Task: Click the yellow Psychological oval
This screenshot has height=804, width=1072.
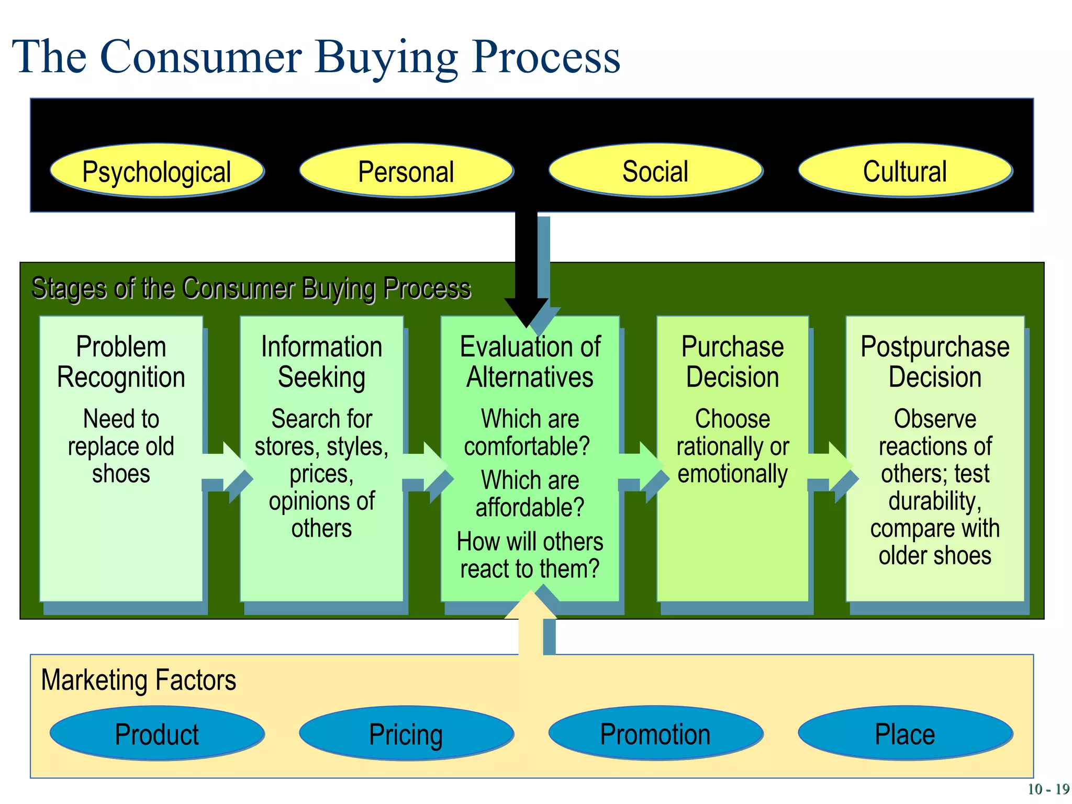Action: [157, 171]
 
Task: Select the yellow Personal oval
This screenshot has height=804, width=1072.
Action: [406, 171]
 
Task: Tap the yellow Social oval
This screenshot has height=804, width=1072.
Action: [655, 171]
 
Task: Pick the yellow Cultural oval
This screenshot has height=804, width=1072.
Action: [904, 171]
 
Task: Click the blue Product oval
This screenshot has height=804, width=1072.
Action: [157, 733]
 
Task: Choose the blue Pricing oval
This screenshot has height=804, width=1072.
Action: [406, 733]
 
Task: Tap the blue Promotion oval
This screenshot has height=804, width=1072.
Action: [655, 733]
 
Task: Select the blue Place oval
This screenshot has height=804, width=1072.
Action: [904, 733]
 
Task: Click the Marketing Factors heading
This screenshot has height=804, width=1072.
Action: [139, 680]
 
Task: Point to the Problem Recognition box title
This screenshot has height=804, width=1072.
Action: [121, 362]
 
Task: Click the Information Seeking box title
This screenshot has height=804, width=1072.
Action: [321, 362]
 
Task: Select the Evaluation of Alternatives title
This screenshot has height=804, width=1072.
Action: [530, 362]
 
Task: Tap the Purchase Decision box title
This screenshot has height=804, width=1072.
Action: [732, 362]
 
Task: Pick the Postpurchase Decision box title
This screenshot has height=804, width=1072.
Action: [935, 362]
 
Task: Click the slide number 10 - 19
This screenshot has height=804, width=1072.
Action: [1048, 789]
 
